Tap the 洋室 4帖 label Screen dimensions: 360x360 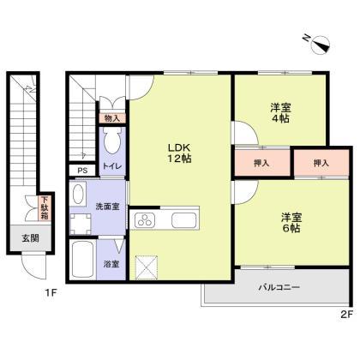pyautogui.click(x=279, y=113)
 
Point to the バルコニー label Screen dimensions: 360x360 pyautogui.click(x=279, y=288)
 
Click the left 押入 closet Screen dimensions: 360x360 pyautogui.click(x=262, y=162)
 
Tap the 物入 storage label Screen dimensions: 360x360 pyautogui.click(x=112, y=117)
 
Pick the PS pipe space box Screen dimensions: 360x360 pyautogui.click(x=82, y=171)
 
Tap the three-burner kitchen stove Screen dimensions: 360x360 pyautogui.click(x=145, y=220)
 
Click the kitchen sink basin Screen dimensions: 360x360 pyautogui.click(x=184, y=220)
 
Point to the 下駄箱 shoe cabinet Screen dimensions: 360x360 pyautogui.click(x=45, y=207)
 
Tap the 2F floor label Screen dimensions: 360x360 pyautogui.click(x=345, y=314)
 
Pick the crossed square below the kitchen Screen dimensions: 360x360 pyautogui.click(x=147, y=266)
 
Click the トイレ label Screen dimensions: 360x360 pyautogui.click(x=111, y=167)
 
